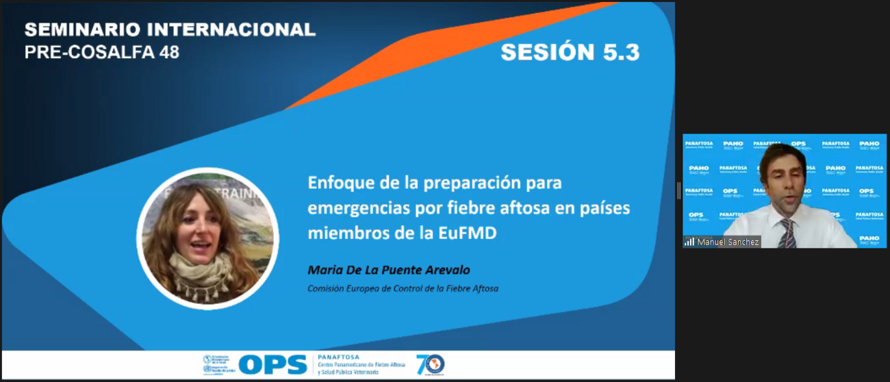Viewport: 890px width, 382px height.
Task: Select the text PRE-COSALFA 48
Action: tap(101, 52)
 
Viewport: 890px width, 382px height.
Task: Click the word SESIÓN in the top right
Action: tap(547, 52)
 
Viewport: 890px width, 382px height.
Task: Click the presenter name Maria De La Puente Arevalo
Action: tap(389, 270)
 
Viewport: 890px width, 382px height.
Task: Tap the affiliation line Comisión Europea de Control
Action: tap(403, 289)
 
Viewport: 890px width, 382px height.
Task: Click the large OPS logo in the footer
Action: tap(272, 365)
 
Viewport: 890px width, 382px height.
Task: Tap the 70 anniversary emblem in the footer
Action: tap(430, 364)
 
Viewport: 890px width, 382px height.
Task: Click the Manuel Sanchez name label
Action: tap(728, 242)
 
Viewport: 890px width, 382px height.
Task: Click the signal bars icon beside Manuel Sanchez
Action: tap(689, 242)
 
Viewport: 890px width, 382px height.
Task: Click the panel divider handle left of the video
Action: tap(678, 190)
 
